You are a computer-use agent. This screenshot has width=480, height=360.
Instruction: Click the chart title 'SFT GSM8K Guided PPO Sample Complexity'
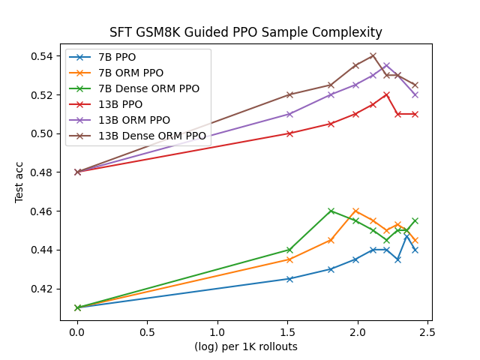(x=246, y=33)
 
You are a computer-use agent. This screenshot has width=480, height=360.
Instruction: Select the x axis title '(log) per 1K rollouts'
(x=246, y=346)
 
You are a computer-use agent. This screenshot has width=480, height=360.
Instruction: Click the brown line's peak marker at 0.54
(x=373, y=55)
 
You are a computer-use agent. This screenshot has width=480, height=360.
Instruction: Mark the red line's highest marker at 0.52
(x=386, y=94)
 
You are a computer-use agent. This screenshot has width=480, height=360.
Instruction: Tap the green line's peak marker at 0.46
(x=331, y=211)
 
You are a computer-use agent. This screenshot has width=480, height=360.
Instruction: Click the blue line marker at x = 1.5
(x=289, y=279)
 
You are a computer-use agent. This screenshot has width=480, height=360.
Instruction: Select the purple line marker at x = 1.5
(x=289, y=114)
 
